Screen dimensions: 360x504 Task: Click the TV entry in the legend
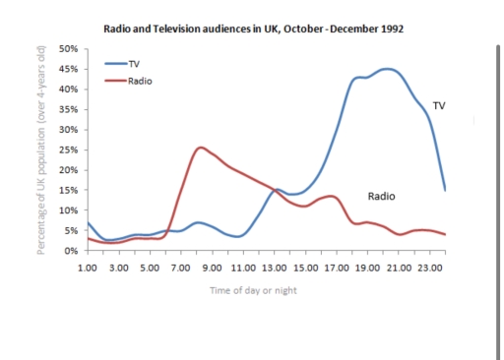coord(134,63)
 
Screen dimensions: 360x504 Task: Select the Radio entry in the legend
coord(140,80)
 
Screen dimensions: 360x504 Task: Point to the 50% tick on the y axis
coord(69,48)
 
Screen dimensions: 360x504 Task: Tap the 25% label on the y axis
coord(69,150)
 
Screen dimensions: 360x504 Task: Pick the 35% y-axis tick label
coord(69,109)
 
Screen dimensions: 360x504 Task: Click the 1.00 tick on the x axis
coord(89,267)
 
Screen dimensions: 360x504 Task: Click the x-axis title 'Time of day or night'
coord(254,290)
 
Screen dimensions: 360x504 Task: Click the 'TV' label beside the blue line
coord(439,105)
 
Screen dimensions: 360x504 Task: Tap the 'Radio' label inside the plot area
coord(381,196)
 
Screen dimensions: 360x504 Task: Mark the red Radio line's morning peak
coord(201,148)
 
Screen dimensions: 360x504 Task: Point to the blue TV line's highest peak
coord(388,69)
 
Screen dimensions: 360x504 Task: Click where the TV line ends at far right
coord(446,190)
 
